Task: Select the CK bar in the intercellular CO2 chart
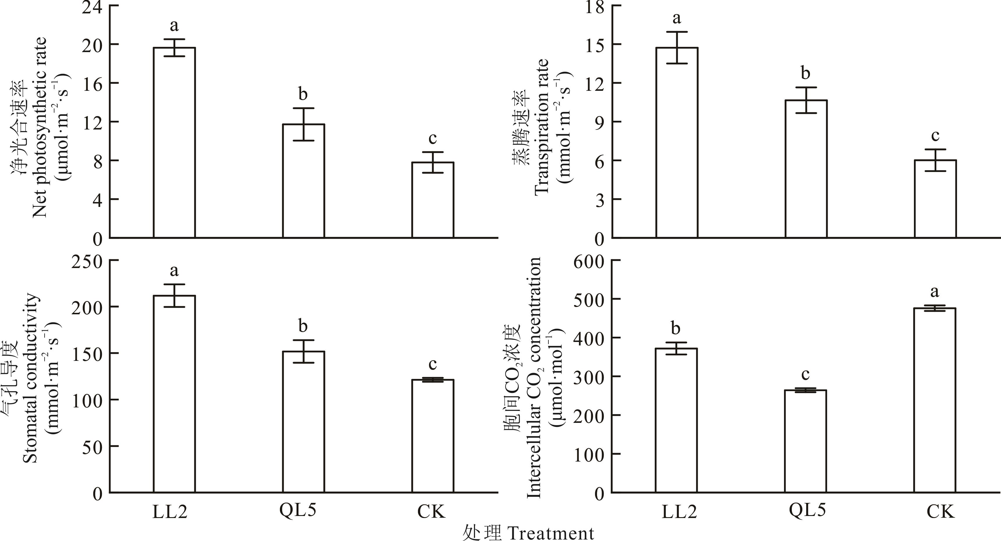935,400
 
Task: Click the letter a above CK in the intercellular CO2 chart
935,291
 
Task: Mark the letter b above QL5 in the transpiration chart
806,73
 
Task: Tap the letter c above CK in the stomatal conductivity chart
432,364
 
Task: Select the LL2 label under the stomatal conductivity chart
170,512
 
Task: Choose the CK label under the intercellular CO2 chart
940,512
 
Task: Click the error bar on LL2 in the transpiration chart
677,47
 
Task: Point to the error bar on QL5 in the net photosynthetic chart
303,124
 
